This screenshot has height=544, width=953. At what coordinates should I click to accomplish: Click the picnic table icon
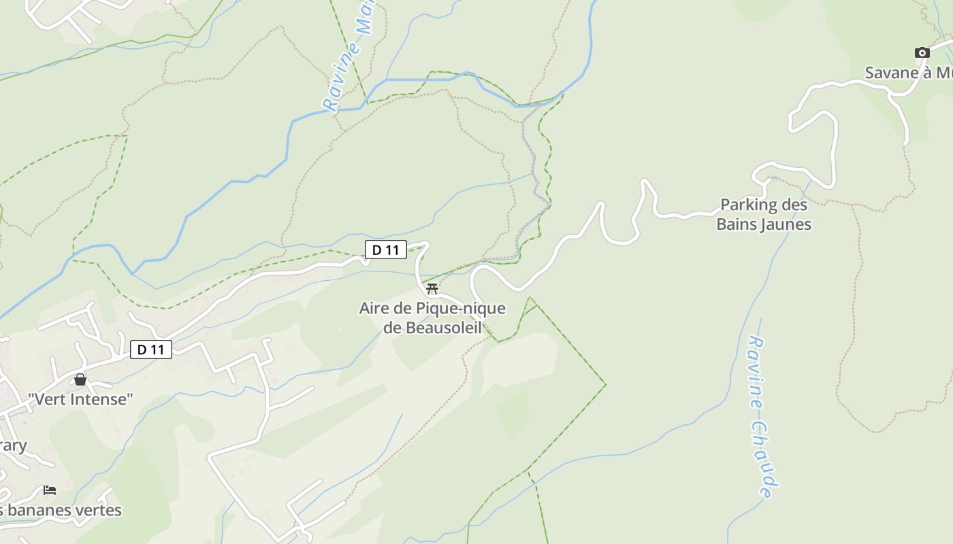[432, 288]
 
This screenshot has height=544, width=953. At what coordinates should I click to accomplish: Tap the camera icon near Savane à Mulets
[922, 53]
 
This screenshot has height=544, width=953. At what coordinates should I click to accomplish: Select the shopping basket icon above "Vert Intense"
[80, 379]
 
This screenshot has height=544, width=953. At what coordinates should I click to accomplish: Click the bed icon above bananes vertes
[50, 490]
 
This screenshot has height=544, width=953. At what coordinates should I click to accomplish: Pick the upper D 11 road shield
[386, 250]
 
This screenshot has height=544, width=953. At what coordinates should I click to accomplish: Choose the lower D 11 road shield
[151, 350]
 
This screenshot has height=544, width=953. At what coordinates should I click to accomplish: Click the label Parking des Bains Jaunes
[764, 214]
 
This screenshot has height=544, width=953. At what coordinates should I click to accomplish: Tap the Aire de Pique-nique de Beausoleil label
[432, 318]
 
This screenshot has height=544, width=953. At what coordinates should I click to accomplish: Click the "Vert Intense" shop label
[80, 399]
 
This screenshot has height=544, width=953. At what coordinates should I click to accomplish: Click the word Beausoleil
[442, 328]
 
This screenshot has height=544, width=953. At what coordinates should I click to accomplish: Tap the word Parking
[748, 205]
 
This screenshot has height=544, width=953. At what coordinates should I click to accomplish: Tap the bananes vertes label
[61, 510]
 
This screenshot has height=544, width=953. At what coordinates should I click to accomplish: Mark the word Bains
[737, 224]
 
